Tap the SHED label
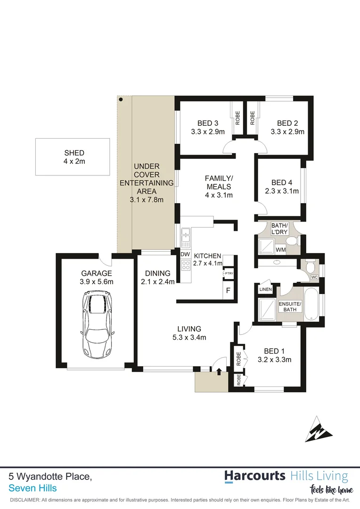coord(74,153)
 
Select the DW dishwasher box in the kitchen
coord(185,254)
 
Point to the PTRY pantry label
coord(228,273)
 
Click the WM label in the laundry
coord(280,248)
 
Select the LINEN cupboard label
coord(265,289)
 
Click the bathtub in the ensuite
coord(311,304)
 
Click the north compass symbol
coord(319,429)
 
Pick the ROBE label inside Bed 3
coord(237,117)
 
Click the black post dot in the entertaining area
coord(121,99)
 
